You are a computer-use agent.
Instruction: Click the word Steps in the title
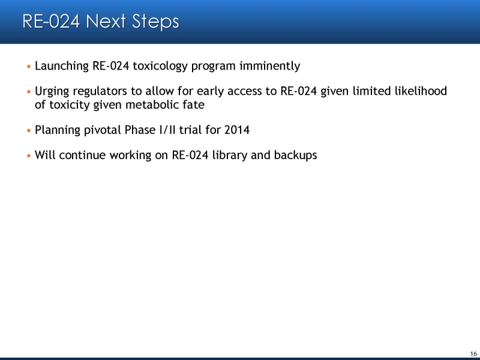point(155,22)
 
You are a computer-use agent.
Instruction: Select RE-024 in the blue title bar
point(51,21)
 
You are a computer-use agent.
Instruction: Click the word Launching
point(62,66)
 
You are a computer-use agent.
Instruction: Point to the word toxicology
point(160,66)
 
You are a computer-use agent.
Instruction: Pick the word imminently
point(269,66)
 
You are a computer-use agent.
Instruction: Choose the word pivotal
point(102,130)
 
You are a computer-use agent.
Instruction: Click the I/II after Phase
point(167,130)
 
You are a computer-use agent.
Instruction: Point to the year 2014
point(237,130)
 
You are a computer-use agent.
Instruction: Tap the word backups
point(295,155)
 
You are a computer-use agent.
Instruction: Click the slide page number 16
point(473,354)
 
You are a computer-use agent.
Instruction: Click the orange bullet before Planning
point(29,130)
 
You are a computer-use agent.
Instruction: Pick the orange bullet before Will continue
point(29,155)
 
